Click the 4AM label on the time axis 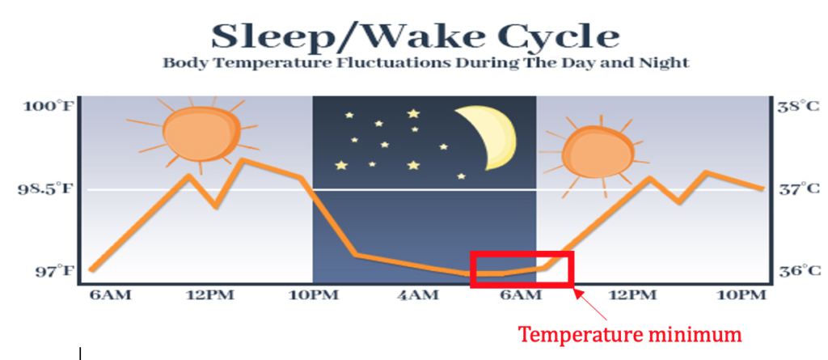(417, 295)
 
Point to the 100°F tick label (46, 106)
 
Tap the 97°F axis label (53, 272)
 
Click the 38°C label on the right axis (799, 106)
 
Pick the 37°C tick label (799, 188)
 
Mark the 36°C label (799, 271)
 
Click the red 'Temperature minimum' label (630, 334)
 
